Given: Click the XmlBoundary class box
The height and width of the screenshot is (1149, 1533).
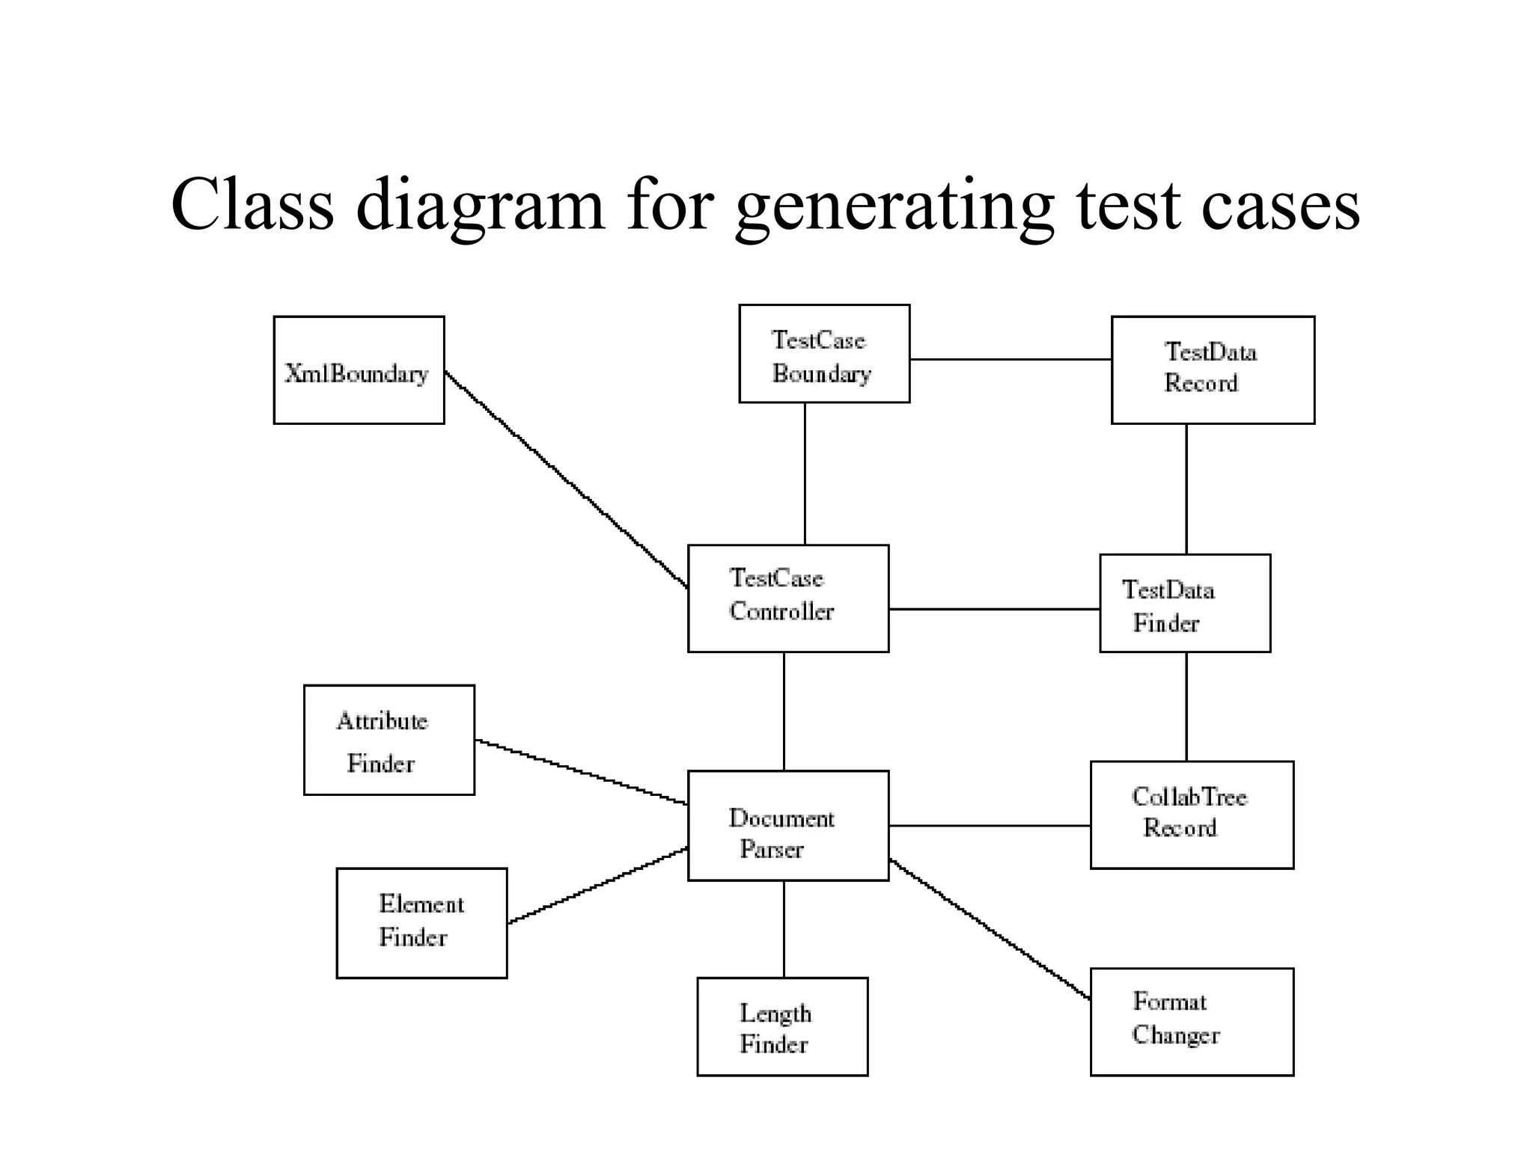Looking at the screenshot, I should (359, 370).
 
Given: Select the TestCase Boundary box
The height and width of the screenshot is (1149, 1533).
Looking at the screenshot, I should (824, 354).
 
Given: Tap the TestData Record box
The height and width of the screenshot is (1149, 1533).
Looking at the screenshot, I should (1213, 370).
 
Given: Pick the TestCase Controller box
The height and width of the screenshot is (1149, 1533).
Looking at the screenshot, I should (788, 598).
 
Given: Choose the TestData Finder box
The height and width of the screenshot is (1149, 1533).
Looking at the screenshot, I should (1185, 604).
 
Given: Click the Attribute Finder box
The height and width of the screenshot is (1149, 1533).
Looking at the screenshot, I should (389, 740).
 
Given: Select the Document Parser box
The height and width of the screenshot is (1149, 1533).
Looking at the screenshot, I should (788, 826).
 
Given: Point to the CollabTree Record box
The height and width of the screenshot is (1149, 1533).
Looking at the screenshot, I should (1192, 815).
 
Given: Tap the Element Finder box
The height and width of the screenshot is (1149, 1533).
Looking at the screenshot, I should (421, 923).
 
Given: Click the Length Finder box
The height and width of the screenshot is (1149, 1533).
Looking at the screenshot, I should (782, 1027).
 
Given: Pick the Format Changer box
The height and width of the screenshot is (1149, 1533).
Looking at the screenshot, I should (1192, 1022).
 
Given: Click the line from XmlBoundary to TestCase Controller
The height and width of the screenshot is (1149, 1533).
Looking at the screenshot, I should (567, 480).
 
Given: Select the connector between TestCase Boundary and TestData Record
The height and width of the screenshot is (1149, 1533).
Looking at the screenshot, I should (1011, 360).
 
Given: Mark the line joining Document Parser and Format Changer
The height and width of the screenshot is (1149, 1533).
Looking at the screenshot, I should (990, 930).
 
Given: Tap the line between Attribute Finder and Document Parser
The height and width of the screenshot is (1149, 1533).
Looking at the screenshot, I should (582, 772).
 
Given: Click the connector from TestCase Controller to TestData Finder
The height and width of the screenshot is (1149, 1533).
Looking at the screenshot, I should (994, 610).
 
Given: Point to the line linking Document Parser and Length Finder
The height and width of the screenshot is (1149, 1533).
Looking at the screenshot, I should (784, 929).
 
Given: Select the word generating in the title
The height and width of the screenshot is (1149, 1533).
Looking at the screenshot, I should (894, 206).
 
